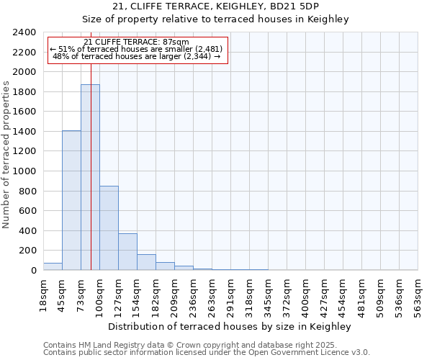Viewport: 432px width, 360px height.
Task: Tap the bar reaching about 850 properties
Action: [x=109, y=228]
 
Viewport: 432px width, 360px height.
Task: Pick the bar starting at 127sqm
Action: [x=127, y=251]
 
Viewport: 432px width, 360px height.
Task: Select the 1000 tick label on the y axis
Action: [x=24, y=171]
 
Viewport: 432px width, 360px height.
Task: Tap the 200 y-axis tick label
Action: [x=27, y=251]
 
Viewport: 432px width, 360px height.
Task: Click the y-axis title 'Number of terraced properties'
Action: [x=6, y=154]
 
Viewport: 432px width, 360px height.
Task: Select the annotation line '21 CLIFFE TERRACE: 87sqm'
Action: [x=136, y=42]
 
